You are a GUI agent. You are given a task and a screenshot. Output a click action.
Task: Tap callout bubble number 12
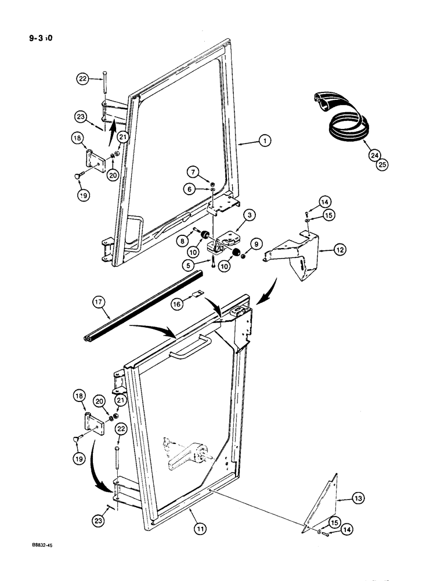[341, 251]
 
